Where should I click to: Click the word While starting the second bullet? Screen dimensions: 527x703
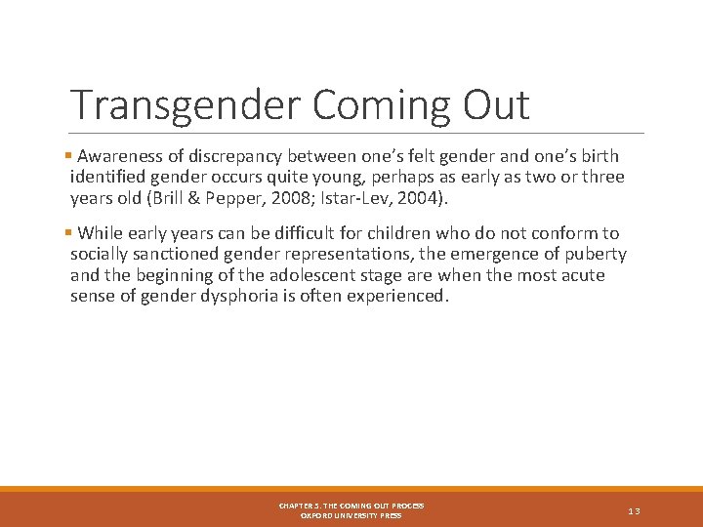[x=101, y=233]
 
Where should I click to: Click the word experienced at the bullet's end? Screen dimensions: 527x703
[x=399, y=297]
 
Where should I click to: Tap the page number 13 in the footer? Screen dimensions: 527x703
[x=634, y=510]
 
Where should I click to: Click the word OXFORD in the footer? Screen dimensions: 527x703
[x=318, y=515]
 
